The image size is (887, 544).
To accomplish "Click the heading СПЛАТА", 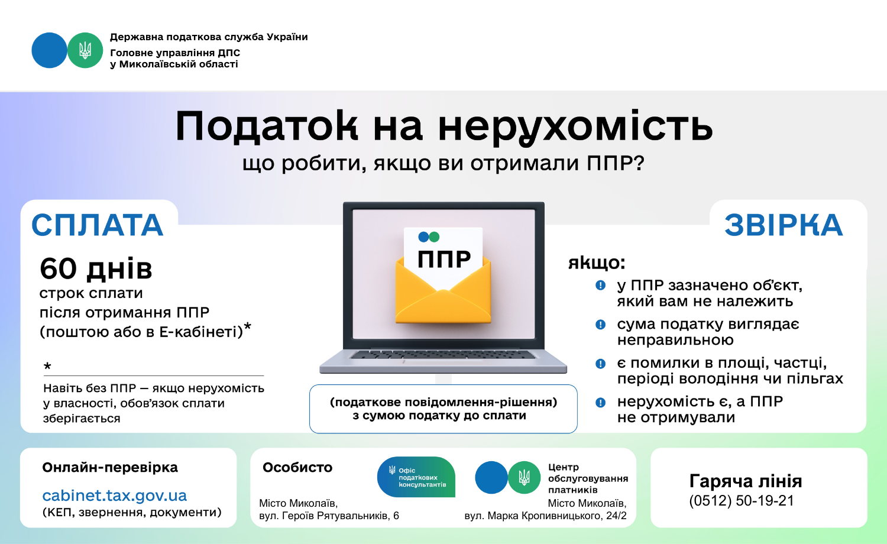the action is (x=98, y=225).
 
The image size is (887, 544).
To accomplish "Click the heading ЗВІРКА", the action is (x=784, y=225).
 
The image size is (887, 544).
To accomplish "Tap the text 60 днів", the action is (x=96, y=269).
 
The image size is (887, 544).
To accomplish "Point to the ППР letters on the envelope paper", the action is (x=444, y=259).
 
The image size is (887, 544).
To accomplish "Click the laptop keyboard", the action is (x=443, y=355).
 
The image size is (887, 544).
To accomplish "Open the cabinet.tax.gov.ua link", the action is (x=115, y=496).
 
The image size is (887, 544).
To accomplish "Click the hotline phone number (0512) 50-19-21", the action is (x=742, y=500).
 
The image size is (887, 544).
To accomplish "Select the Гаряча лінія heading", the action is (x=746, y=481).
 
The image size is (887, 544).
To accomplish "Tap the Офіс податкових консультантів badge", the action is (x=416, y=477).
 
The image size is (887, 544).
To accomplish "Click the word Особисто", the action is (x=297, y=468).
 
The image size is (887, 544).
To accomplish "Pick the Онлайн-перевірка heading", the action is (x=110, y=468).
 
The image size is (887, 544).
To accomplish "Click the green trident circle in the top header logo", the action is (x=85, y=50).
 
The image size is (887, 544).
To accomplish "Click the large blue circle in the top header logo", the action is (x=50, y=50).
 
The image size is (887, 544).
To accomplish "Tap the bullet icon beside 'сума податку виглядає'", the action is (x=600, y=325).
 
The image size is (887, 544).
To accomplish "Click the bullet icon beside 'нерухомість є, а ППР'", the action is (x=600, y=403).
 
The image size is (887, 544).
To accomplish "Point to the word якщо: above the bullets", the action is (x=597, y=263).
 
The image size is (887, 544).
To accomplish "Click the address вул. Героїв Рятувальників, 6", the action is (x=329, y=516).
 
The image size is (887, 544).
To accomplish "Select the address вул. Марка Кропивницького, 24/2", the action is (x=546, y=516).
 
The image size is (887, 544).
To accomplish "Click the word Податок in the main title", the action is (x=267, y=127).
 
